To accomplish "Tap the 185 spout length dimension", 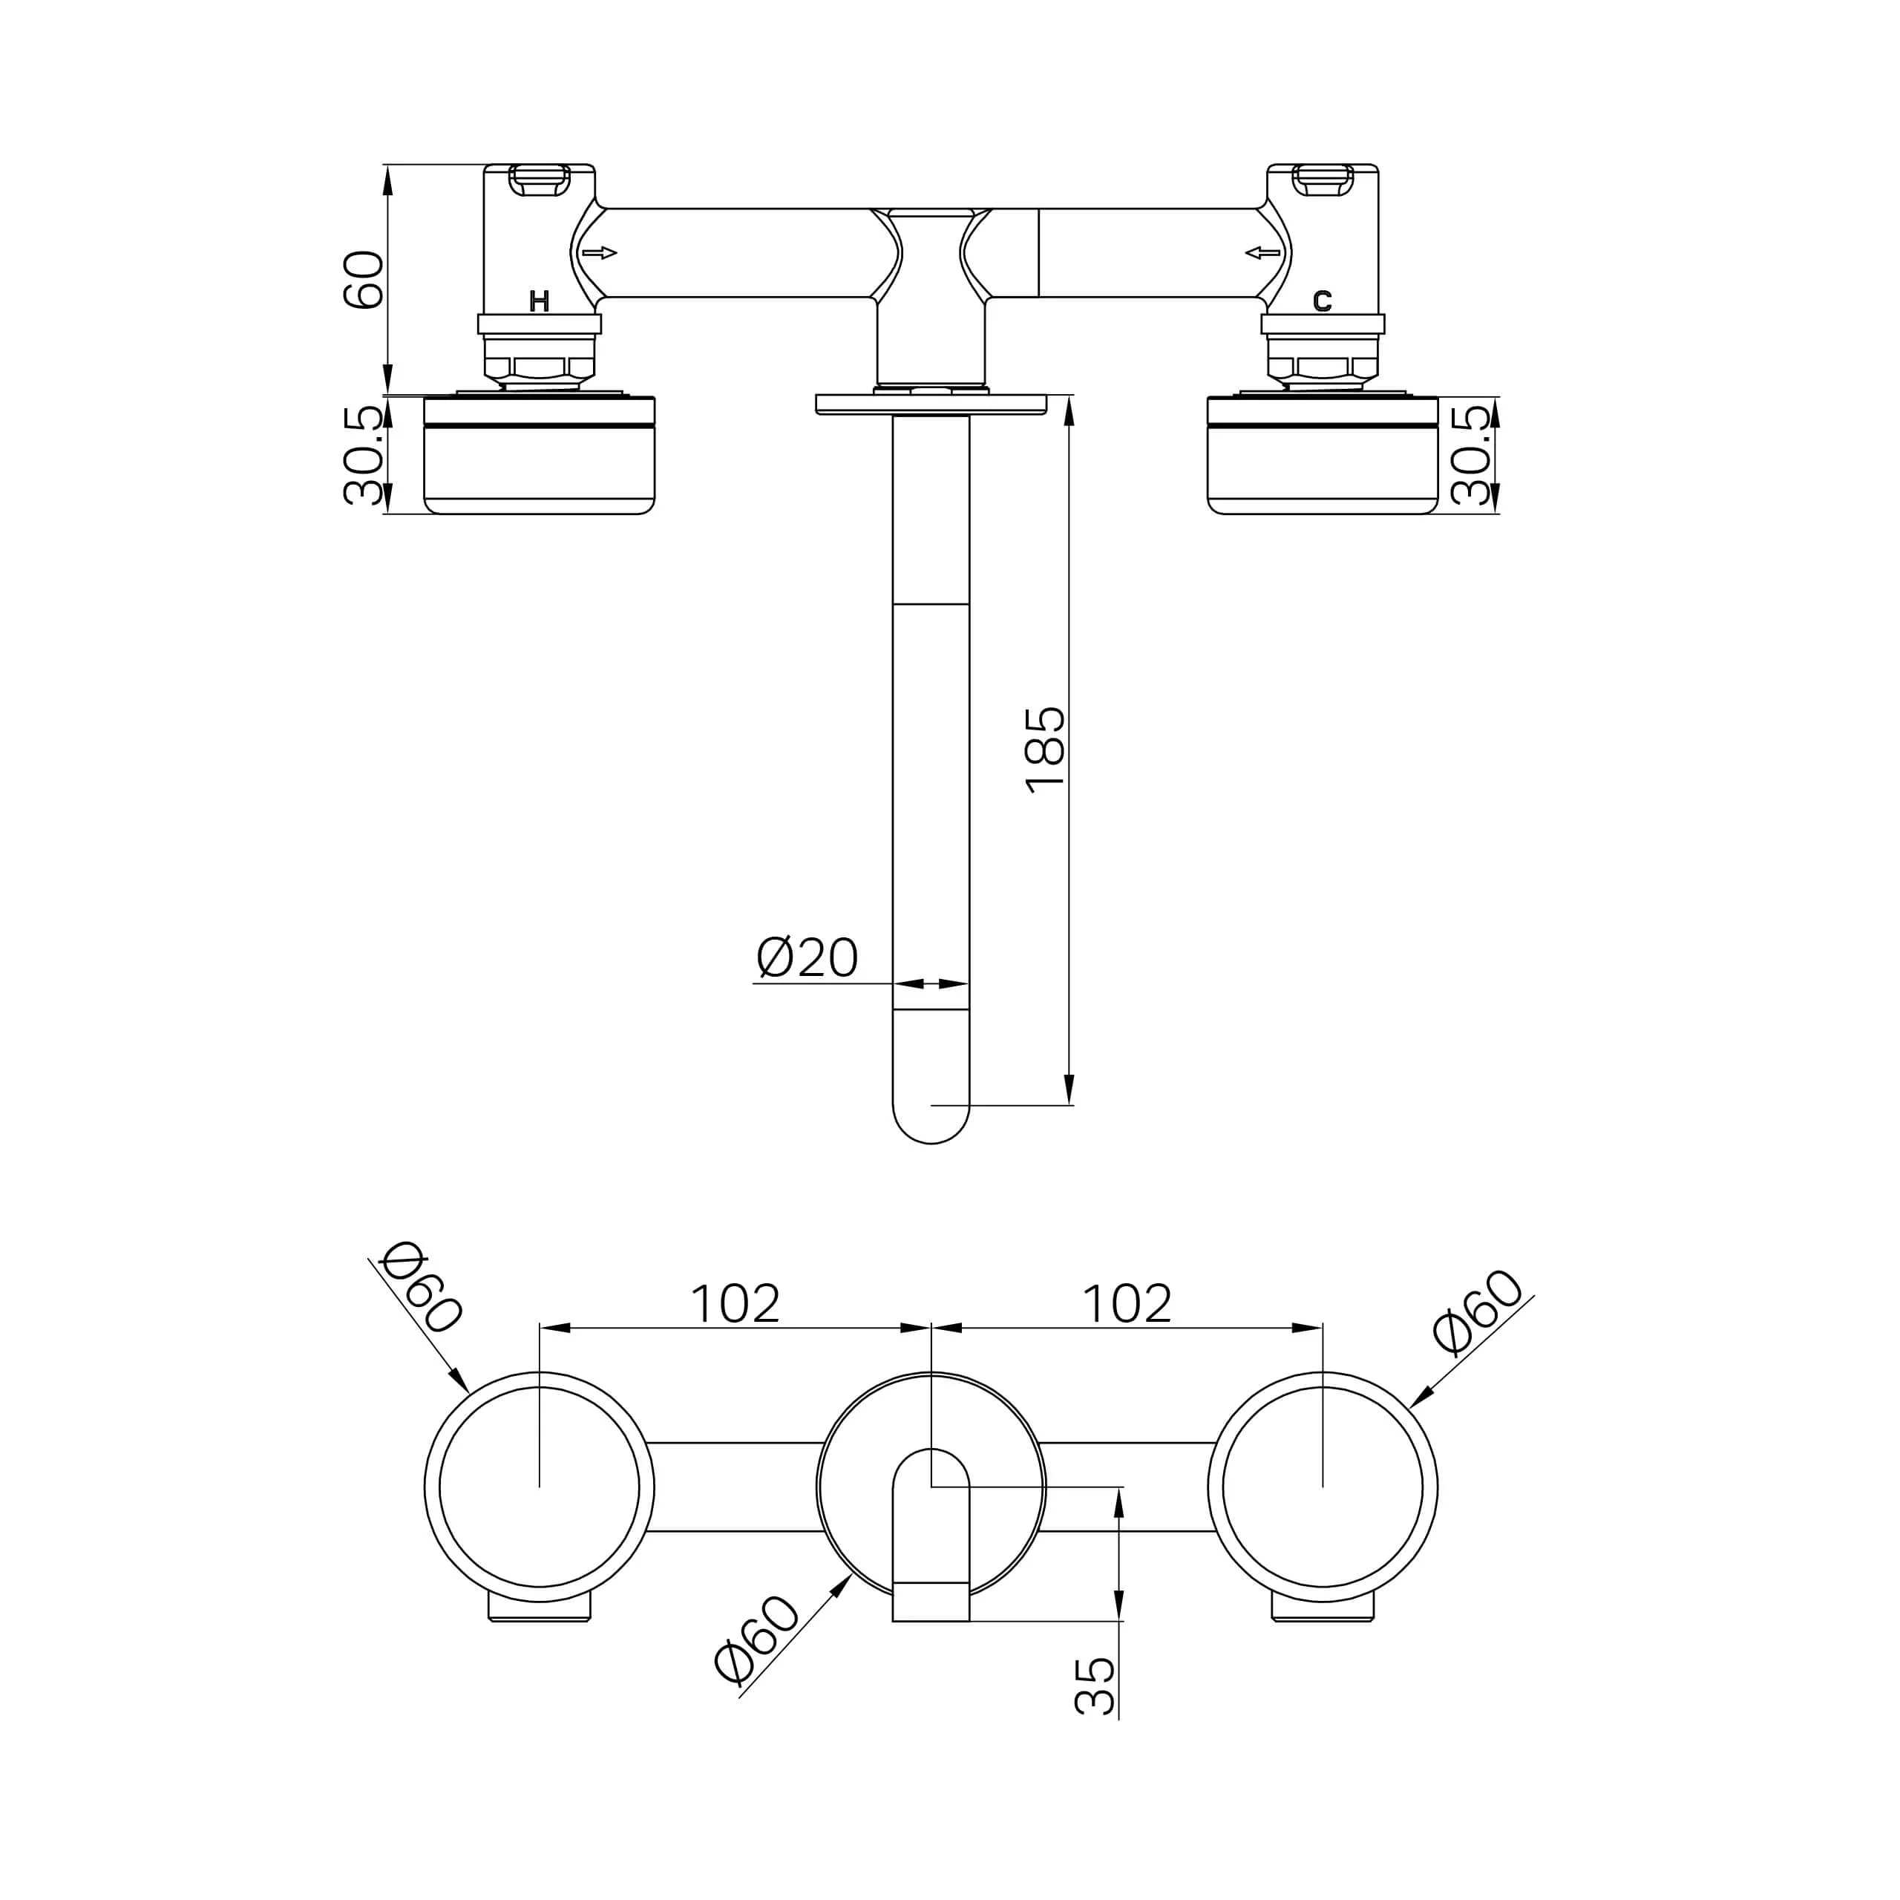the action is click(1044, 750).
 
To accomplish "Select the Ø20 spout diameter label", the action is click(807, 958).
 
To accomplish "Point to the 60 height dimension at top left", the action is click(363, 281).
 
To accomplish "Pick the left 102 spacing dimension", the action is click(735, 1304).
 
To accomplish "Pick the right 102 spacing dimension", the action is click(1127, 1304).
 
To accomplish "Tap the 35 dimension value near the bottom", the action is click(1095, 1686).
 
